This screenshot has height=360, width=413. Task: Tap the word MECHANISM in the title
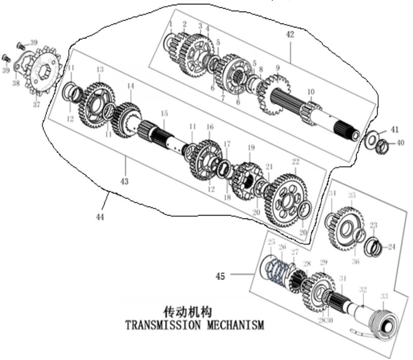tap(235, 325)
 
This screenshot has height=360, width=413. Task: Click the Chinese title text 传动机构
tap(187, 310)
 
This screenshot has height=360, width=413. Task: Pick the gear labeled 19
tap(249, 175)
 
